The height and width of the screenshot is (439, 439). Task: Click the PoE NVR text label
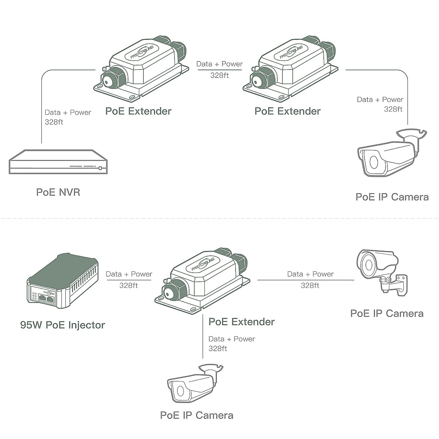[58, 192]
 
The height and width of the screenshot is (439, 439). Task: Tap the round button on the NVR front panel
[100, 168]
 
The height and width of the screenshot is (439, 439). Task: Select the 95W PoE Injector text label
[63, 325]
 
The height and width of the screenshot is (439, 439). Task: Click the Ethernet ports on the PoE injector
[46, 298]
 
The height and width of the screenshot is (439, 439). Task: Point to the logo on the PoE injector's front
[49, 293]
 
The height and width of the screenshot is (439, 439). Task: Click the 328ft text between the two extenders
[219, 75]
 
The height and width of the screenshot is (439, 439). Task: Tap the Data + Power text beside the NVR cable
[68, 112]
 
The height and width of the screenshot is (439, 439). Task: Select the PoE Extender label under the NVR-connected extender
[138, 111]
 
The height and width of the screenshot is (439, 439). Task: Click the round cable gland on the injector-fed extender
[169, 294]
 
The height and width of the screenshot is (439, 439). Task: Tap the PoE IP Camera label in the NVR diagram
[392, 197]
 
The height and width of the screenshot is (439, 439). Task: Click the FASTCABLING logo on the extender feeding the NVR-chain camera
[292, 52]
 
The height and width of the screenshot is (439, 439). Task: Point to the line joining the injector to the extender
[129, 280]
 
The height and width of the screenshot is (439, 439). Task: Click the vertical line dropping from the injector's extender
[203, 337]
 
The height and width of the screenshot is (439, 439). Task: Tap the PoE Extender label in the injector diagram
[241, 322]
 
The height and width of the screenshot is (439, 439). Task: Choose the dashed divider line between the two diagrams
[219, 218]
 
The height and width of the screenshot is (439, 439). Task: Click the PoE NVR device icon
[58, 162]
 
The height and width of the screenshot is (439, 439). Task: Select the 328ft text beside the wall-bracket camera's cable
[310, 285]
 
